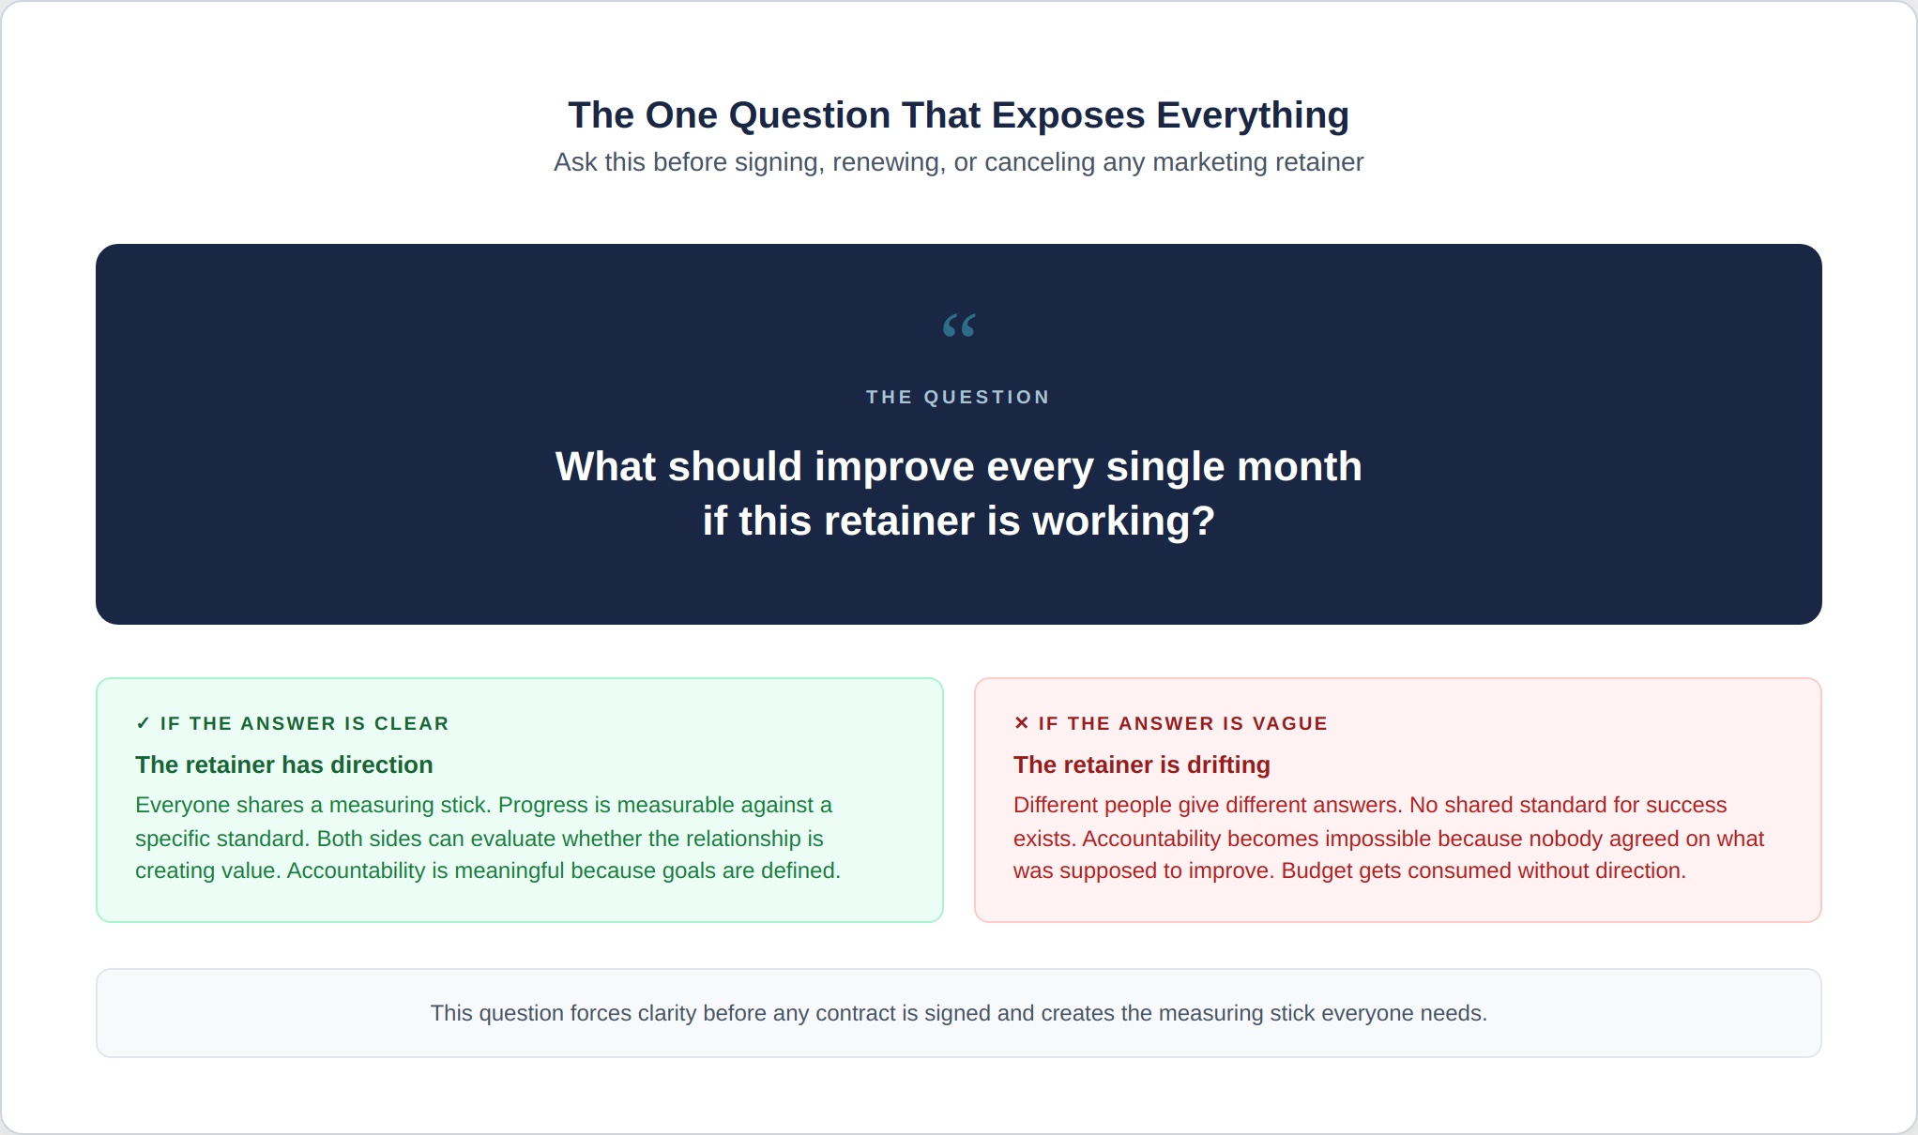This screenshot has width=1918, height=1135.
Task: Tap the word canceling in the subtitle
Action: click(1040, 162)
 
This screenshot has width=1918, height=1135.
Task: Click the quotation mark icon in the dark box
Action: click(959, 325)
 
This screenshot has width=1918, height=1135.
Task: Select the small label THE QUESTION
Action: click(958, 397)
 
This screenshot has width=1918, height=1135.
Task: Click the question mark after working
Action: click(1204, 521)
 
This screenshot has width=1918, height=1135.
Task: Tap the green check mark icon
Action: click(143, 723)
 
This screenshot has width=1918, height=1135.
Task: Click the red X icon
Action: click(1022, 722)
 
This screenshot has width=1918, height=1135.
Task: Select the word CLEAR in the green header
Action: click(412, 723)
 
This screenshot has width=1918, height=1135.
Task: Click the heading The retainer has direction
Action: click(284, 764)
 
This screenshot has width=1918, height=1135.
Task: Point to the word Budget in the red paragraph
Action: click(1317, 870)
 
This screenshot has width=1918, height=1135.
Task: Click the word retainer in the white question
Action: click(909, 521)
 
